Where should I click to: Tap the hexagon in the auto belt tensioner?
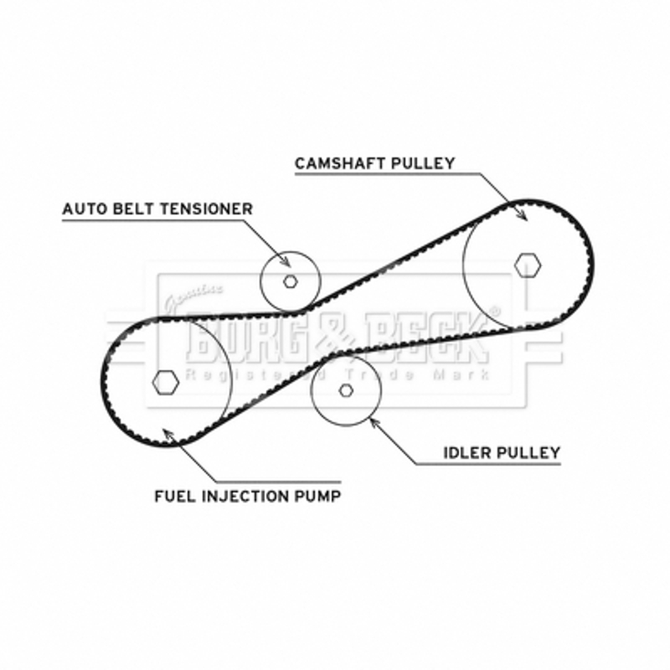(290, 281)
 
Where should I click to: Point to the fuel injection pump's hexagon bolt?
(166, 381)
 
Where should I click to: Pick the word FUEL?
(173, 496)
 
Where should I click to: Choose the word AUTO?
(84, 209)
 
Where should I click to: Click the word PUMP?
(319, 496)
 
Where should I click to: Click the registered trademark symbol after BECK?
(496, 312)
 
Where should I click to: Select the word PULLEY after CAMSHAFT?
(427, 163)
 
